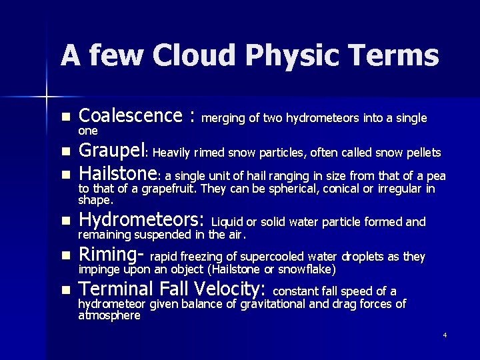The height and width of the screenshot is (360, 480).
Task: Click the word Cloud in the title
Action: pos(189,55)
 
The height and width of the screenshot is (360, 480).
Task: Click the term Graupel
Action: pos(111,151)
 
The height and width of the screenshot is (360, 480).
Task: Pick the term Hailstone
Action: pos(117,175)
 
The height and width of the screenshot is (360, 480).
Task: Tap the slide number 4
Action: pos(445,334)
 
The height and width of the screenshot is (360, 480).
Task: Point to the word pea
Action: pos(436,177)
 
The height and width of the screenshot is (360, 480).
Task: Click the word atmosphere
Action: pos(109,315)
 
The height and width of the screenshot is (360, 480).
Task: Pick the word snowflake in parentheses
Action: pos(311,269)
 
